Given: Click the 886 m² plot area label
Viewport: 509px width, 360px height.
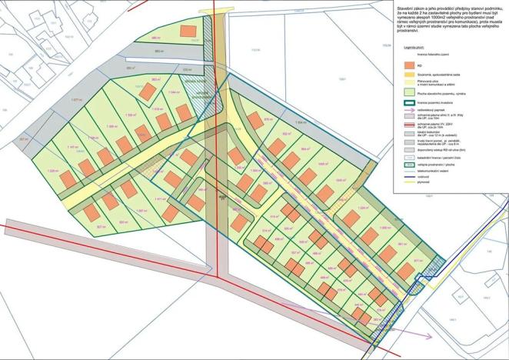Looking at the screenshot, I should (156, 38).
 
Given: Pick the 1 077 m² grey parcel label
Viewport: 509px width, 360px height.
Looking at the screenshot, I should (75, 100).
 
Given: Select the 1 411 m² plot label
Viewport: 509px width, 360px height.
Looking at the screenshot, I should (160, 199).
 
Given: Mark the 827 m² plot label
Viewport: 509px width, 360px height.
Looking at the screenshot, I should (101, 227).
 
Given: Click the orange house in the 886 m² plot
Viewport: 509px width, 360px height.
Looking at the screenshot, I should (185, 32).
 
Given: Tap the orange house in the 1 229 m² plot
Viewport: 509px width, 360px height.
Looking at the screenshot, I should (68, 178).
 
